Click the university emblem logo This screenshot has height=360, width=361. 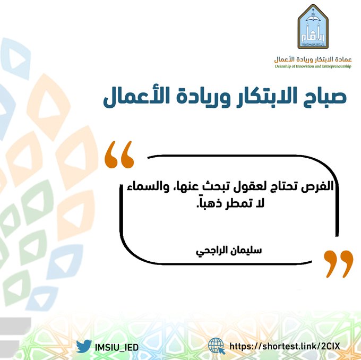[x=316, y=27]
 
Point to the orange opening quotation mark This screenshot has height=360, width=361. [x=118, y=155]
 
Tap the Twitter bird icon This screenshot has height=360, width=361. [x=84, y=346]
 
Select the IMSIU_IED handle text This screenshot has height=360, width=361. [x=118, y=346]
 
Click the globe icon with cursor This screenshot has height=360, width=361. [x=217, y=346]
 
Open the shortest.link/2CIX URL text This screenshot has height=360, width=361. [x=287, y=346]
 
